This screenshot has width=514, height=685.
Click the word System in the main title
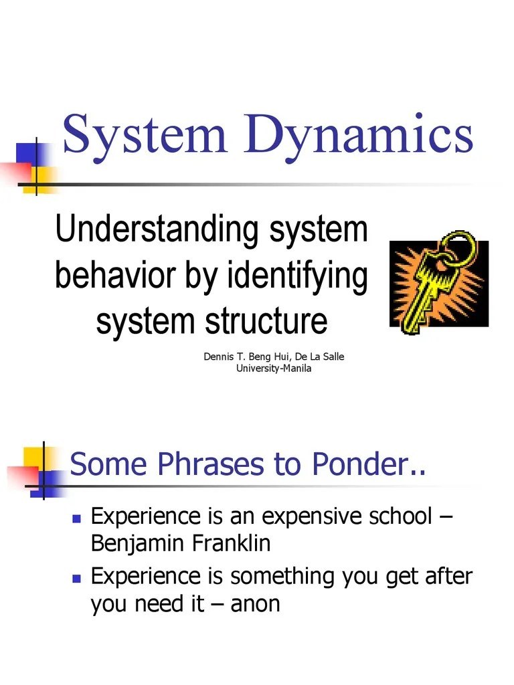(x=145, y=134)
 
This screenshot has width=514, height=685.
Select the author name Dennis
(x=220, y=357)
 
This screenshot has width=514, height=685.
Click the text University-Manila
(x=274, y=369)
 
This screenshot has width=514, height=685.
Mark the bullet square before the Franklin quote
(x=76, y=518)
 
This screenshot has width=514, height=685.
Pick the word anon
(x=255, y=605)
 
